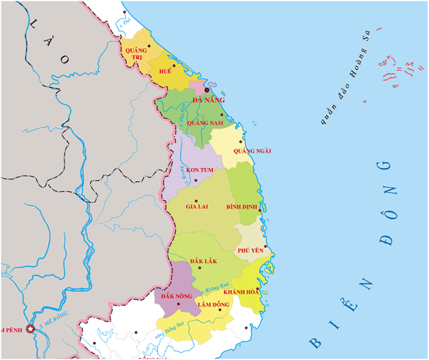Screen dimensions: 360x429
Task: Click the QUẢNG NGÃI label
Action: click(x=259, y=151)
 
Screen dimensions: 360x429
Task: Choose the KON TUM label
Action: click(x=197, y=169)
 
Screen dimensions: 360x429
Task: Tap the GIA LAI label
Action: click(x=197, y=206)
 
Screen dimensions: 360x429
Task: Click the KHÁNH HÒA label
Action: click(x=241, y=292)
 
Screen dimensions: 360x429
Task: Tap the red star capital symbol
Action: click(x=30, y=329)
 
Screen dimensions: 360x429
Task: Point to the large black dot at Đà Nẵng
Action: click(x=207, y=91)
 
